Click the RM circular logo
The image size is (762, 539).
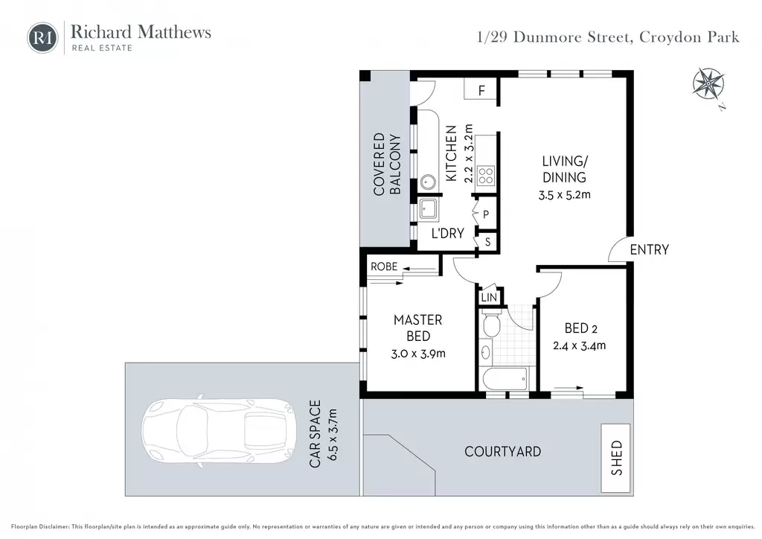point(42,37)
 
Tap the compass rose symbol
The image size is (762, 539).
point(708,83)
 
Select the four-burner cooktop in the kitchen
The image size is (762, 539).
point(485,176)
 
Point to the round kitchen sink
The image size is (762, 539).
point(428,182)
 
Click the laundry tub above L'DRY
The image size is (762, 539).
point(428,209)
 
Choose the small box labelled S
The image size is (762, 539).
point(487,241)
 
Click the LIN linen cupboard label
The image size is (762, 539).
point(489,297)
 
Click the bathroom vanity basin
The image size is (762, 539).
point(486,352)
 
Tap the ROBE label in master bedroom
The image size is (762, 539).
point(384,267)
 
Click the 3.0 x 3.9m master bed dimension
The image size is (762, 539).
point(418,354)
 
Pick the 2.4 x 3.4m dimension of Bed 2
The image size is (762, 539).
point(579,345)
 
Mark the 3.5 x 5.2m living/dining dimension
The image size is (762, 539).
point(564,195)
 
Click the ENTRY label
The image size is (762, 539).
point(649,250)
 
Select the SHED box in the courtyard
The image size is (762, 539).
point(615,458)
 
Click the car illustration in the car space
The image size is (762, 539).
point(219,430)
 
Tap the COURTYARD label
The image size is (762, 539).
point(502,451)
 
